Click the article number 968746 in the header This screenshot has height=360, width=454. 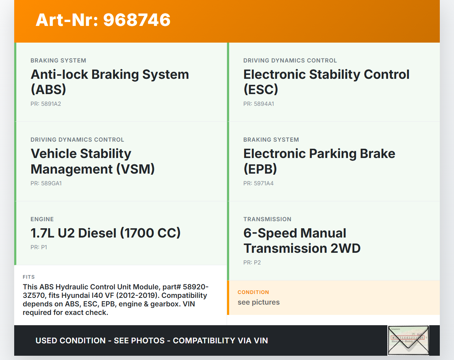(137, 20)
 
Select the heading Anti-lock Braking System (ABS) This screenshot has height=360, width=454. (110, 82)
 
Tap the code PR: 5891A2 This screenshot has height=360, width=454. (46, 104)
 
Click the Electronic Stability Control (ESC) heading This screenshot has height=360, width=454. (326, 82)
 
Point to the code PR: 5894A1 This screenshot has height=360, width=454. (259, 104)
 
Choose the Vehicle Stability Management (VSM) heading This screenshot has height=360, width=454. (93, 161)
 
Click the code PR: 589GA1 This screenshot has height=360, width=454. (46, 183)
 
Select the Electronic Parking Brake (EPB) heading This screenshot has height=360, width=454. (319, 161)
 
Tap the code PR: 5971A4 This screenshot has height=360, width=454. (259, 183)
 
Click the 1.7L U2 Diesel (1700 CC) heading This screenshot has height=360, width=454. (105, 233)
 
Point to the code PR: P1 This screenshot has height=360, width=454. (39, 247)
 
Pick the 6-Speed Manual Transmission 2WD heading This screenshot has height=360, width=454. (302, 240)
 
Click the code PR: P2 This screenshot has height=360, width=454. (252, 262)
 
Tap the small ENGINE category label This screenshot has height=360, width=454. (42, 219)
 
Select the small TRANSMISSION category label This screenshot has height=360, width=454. (267, 219)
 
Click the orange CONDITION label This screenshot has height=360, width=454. (253, 292)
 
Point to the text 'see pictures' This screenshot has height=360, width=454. (259, 302)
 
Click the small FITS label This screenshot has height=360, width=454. (29, 277)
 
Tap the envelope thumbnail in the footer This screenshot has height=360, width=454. (408, 340)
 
